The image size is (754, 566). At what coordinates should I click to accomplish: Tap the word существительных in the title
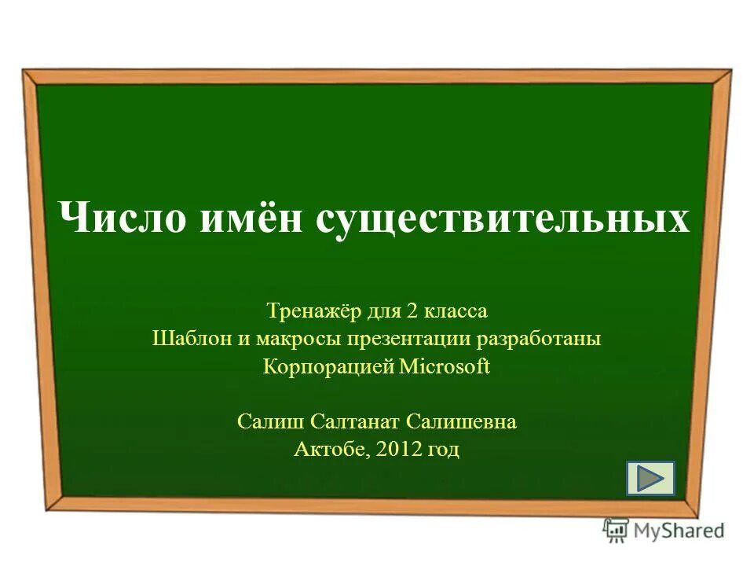coord(503,219)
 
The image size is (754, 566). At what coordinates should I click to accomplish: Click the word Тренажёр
coord(313,311)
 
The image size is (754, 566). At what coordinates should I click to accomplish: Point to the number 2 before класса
coord(412,311)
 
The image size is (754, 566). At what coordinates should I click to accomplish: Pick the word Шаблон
coord(185,340)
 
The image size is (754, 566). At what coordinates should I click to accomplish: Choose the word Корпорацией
coord(328,367)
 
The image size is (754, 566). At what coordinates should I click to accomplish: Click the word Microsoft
coord(445,367)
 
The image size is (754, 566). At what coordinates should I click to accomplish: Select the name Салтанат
coord(356,422)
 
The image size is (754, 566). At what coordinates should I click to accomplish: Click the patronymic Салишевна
coord(462,422)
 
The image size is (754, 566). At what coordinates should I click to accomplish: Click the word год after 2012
coord(443,450)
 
